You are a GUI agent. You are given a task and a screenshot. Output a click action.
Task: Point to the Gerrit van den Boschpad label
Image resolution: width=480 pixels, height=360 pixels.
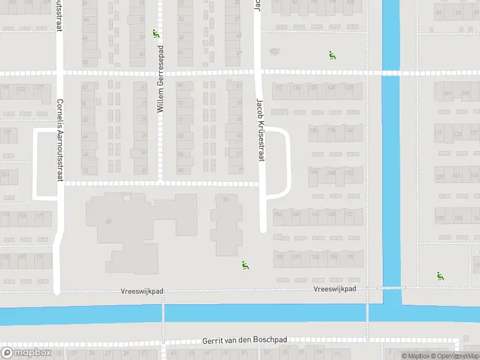tap(245, 340)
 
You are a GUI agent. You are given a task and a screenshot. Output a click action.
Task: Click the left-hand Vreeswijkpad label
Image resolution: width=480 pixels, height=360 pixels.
tap(142, 291)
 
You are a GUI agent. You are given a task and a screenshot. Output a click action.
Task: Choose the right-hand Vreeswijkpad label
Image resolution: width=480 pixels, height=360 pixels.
tap(335, 289)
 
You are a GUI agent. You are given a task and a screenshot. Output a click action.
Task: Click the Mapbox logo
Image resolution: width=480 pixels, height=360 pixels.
tap(26, 353)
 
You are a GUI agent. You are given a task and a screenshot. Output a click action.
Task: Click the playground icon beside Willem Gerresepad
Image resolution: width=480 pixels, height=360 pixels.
tap(156, 34)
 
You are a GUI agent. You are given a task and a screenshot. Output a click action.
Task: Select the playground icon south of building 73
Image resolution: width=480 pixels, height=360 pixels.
tap(245, 265)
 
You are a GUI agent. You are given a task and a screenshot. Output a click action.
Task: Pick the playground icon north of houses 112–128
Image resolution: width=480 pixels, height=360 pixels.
tap(332, 55)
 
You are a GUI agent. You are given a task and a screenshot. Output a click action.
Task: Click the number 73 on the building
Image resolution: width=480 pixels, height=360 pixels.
tap(226, 200)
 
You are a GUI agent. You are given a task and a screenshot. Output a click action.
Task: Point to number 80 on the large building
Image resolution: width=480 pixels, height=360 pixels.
tap(109, 221)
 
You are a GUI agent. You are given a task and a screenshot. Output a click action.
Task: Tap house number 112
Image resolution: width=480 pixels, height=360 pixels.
tap(278, 88)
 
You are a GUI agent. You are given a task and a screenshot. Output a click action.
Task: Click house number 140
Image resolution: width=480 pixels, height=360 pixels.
tap(349, 130)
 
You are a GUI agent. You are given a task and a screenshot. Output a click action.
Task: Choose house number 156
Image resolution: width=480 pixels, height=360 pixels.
tap(278, 214)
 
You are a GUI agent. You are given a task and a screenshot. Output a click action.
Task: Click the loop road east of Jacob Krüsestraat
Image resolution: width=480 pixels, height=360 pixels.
tap(289, 162)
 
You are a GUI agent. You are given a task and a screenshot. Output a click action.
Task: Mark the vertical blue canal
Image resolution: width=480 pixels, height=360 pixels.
tap(391, 150)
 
